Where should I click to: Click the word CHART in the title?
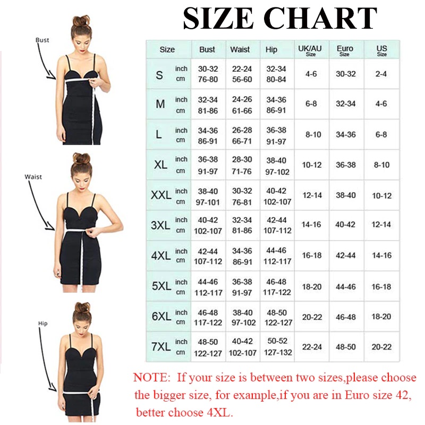pyautogui.click(x=320, y=18)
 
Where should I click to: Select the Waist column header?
pyautogui.click(x=240, y=49)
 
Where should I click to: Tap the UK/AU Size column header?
pyautogui.click(x=310, y=50)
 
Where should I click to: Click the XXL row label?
pyautogui.click(x=161, y=195)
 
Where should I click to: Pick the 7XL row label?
pyautogui.click(x=161, y=346)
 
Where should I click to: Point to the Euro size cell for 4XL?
pyautogui.click(x=346, y=256)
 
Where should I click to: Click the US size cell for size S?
pyautogui.click(x=381, y=74)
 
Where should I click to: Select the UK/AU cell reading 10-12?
pyautogui.click(x=312, y=165)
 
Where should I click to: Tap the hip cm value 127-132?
pyautogui.click(x=278, y=352)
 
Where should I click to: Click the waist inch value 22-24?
pyautogui.click(x=242, y=69)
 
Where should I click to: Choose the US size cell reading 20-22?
pyautogui.click(x=381, y=347)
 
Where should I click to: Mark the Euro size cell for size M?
pyautogui.click(x=346, y=104)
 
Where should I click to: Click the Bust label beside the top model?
pyautogui.click(x=42, y=40)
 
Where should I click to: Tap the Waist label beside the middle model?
pyautogui.click(x=33, y=177)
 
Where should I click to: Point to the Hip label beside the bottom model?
pyautogui.click(x=43, y=324)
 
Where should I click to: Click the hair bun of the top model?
pyautogui.click(x=81, y=21)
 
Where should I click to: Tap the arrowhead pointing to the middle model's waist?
pyautogui.click(x=50, y=226)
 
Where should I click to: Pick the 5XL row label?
pyautogui.click(x=161, y=286)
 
